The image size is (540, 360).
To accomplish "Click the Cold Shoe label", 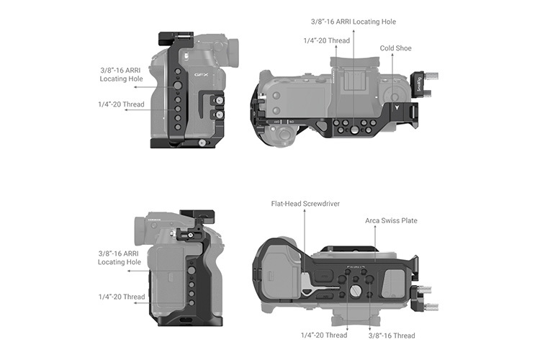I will pyautogui.click(x=396, y=48).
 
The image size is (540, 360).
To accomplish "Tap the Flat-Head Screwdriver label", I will pyautogui.click(x=306, y=204).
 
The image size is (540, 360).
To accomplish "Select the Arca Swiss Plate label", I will pyautogui.click(x=391, y=220).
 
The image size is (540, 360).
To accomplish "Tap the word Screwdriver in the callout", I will pyautogui.click(x=320, y=204).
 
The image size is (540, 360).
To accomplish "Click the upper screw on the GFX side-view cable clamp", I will pyautogui.click(x=214, y=101).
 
